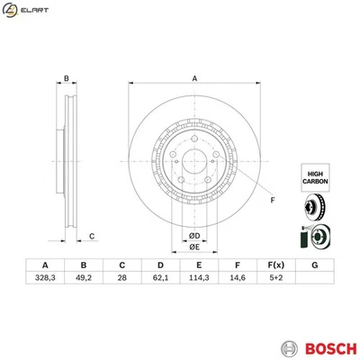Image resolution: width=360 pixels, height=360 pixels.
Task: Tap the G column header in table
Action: click(313, 265)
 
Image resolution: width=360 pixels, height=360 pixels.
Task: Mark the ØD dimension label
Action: click(193, 237)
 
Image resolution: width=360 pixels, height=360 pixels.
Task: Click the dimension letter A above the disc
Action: click(194, 78)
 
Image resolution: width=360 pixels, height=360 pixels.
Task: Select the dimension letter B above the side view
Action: click(67, 78)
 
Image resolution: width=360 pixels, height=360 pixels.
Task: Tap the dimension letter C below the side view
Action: click(93, 236)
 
